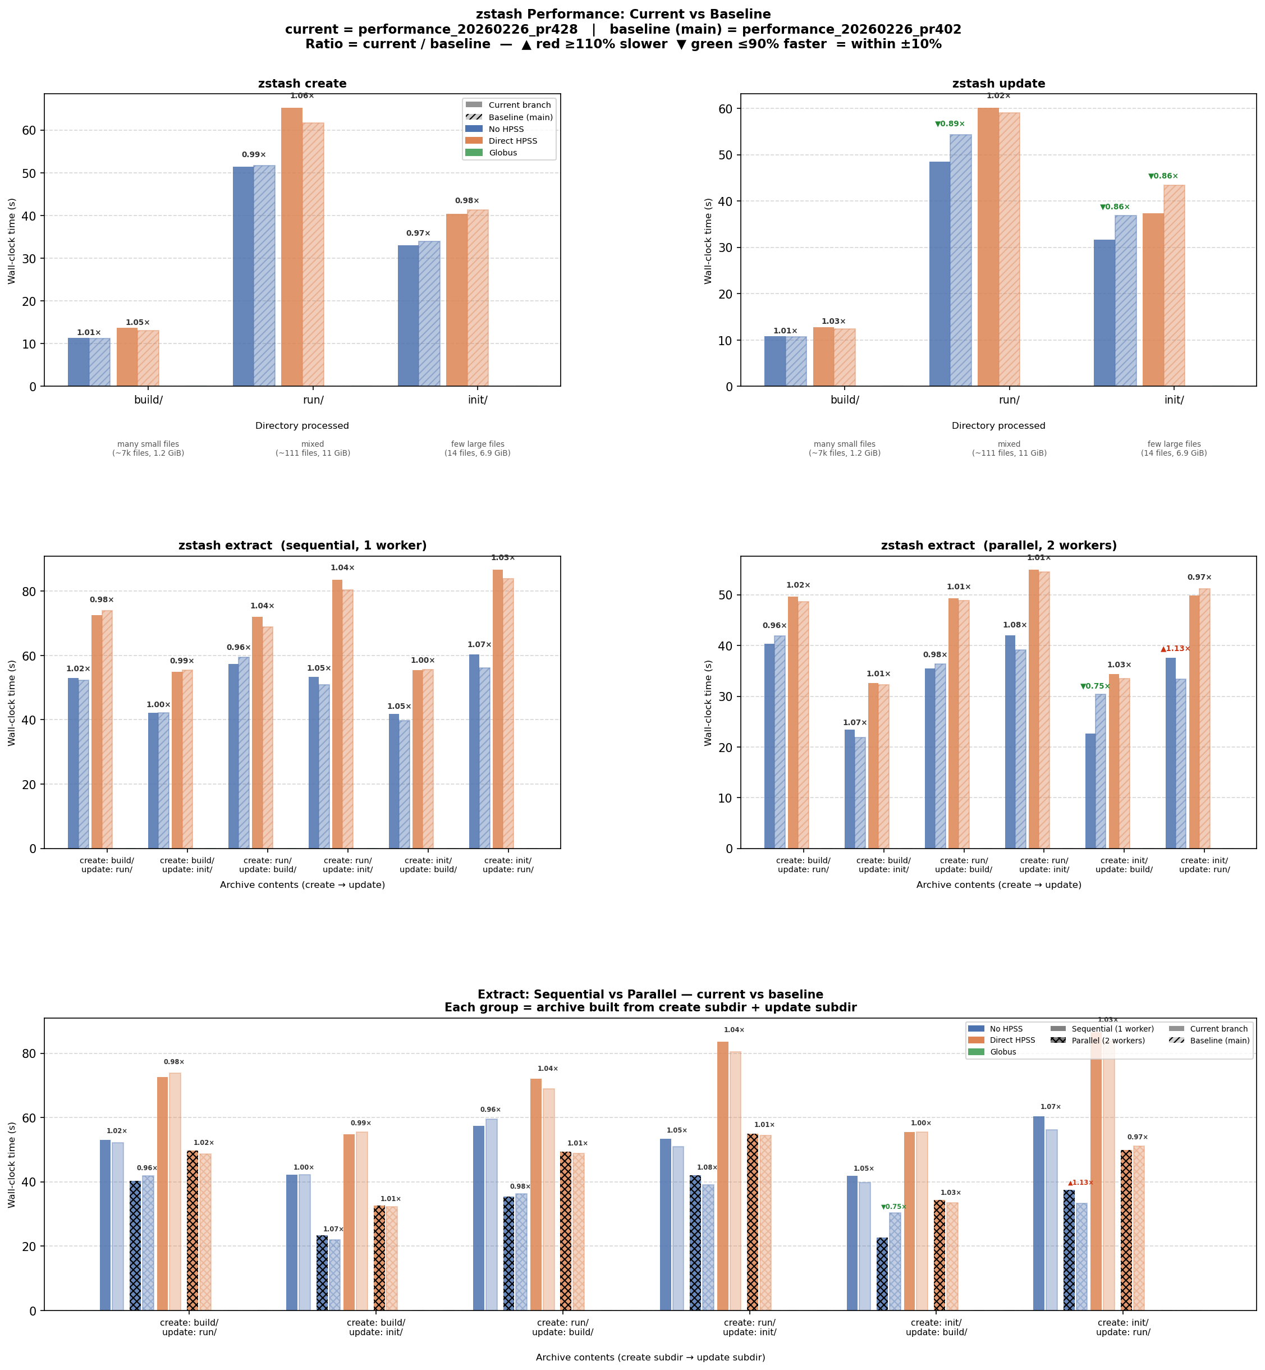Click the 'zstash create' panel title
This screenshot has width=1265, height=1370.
tap(302, 84)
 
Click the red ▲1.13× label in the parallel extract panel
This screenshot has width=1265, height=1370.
tap(1175, 648)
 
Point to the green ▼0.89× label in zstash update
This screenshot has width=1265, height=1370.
tap(950, 124)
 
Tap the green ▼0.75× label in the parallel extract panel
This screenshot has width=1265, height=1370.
tap(1096, 686)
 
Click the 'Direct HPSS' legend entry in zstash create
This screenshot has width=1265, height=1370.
tap(512, 141)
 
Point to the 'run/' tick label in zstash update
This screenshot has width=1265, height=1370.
tap(1009, 400)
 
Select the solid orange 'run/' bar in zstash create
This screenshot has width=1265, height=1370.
tap(292, 246)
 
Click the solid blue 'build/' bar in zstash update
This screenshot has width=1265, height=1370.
tap(775, 361)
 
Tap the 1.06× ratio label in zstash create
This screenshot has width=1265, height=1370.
tap(302, 96)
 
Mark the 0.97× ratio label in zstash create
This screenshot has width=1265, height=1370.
tap(418, 233)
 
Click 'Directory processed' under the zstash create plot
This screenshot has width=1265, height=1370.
tap(302, 426)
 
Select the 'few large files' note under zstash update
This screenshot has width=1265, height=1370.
tap(1174, 445)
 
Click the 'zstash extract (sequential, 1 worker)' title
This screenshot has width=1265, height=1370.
tap(302, 546)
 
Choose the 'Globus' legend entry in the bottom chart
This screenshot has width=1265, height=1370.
tap(1003, 1052)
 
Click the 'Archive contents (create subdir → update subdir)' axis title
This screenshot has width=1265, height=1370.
tap(650, 1357)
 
